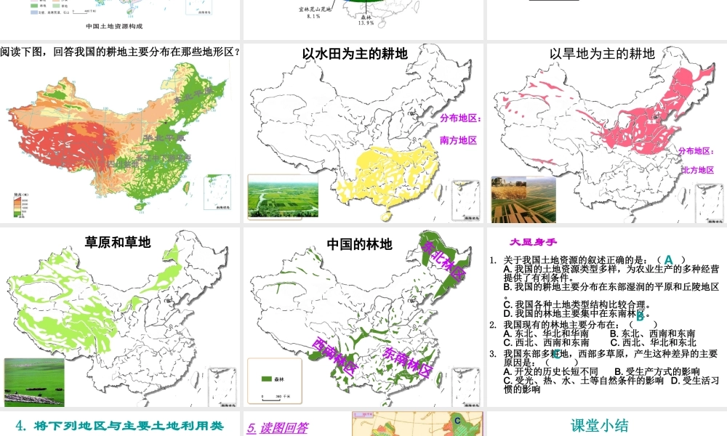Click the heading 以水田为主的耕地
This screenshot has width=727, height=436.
point(354,54)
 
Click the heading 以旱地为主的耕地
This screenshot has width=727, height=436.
point(601,54)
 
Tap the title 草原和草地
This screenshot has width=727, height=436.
point(118,242)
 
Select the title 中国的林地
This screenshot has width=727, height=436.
point(359,244)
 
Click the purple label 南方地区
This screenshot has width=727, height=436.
point(458,140)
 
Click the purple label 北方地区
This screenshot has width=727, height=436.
point(697,170)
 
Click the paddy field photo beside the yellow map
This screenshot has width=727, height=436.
point(277,195)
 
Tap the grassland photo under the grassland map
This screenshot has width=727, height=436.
point(34,381)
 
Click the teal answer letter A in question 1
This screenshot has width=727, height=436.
point(669,259)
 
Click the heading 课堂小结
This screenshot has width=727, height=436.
point(599,426)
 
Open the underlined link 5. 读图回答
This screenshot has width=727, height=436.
point(277,428)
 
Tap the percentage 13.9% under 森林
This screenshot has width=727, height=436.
point(366,23)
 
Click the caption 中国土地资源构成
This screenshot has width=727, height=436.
point(114,26)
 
